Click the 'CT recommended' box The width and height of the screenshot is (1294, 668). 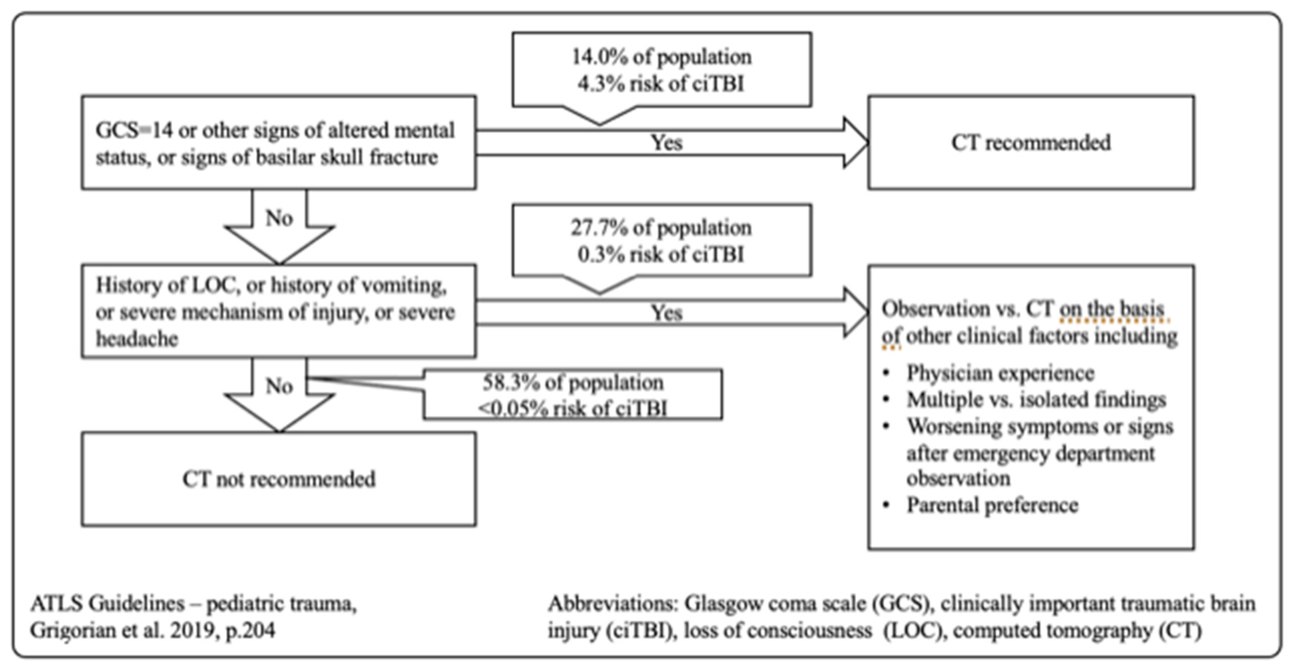[x=1031, y=143]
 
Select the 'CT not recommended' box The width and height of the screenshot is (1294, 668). [x=279, y=480]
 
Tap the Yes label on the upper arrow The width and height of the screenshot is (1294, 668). [x=666, y=143]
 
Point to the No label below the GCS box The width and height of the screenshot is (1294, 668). [x=279, y=218]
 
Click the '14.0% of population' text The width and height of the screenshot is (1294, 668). [x=661, y=57]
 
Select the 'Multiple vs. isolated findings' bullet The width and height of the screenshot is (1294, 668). [x=1036, y=400]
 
